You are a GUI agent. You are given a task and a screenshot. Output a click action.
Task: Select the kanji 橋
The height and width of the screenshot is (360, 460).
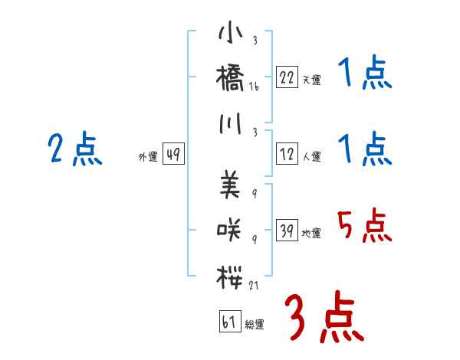[x=231, y=78]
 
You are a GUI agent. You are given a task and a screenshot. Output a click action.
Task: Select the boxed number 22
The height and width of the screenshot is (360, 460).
[x=287, y=77]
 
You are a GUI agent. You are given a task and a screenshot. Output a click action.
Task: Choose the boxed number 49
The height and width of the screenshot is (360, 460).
[x=173, y=155]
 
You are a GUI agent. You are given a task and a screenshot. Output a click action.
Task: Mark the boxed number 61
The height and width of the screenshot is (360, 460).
[x=228, y=321]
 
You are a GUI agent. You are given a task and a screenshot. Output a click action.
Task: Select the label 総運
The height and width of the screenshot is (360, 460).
[x=255, y=324]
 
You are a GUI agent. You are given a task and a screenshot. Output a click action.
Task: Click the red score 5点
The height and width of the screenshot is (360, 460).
[x=363, y=226]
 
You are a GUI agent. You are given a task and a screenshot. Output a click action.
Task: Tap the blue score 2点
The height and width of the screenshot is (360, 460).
[x=74, y=149]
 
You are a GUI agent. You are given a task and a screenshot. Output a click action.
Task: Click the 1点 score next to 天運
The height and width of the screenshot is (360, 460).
[x=363, y=74]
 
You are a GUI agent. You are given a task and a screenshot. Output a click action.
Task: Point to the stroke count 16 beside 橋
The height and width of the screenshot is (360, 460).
[x=254, y=88]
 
